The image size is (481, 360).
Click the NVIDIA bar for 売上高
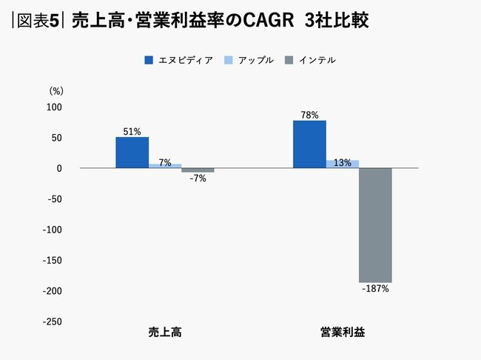click(x=132, y=153)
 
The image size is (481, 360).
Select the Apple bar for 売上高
click(x=165, y=166)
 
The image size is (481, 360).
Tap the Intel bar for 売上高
click(x=198, y=170)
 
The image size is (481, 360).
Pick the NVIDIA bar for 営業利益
click(x=309, y=144)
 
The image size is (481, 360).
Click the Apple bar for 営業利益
click(x=343, y=164)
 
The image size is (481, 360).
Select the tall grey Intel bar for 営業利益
click(x=375, y=225)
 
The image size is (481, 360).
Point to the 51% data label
click(x=132, y=131)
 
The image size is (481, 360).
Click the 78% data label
click(x=309, y=115)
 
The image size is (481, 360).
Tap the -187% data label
click(x=375, y=289)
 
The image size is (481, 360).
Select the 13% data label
click(x=343, y=163)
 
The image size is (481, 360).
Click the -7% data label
click(x=198, y=179)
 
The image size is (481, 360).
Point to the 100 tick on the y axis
click(x=55, y=107)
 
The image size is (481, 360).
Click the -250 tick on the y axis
click(x=53, y=322)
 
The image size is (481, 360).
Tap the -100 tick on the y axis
click(x=53, y=230)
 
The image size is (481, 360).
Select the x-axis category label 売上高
click(x=165, y=333)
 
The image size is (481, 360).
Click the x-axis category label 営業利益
click(x=342, y=333)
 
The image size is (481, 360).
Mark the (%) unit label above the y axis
click(x=56, y=90)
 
